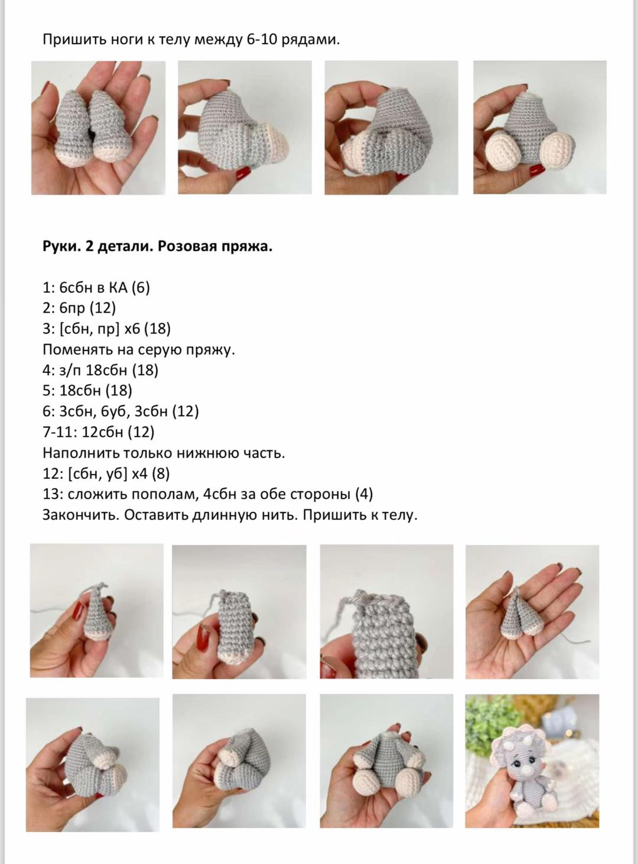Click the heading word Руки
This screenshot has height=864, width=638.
click(62, 247)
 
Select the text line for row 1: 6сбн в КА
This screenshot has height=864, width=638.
click(96, 288)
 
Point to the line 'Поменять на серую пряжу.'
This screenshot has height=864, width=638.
click(139, 350)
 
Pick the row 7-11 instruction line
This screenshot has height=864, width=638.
click(99, 432)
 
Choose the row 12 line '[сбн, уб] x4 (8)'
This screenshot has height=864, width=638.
click(106, 474)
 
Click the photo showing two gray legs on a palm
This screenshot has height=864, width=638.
click(98, 128)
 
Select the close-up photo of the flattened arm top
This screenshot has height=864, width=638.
click(386, 612)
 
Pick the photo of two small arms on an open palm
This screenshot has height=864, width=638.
click(532, 612)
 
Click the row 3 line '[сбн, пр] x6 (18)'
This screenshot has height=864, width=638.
click(107, 329)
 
